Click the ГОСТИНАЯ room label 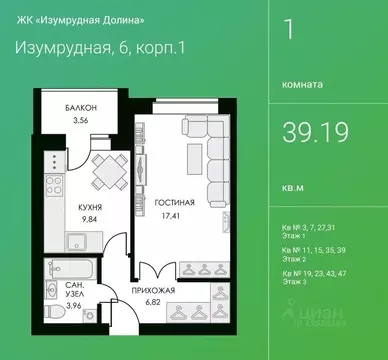[167, 201]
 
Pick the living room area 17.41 [166, 212]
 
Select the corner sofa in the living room [211, 160]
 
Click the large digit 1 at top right [290, 29]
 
